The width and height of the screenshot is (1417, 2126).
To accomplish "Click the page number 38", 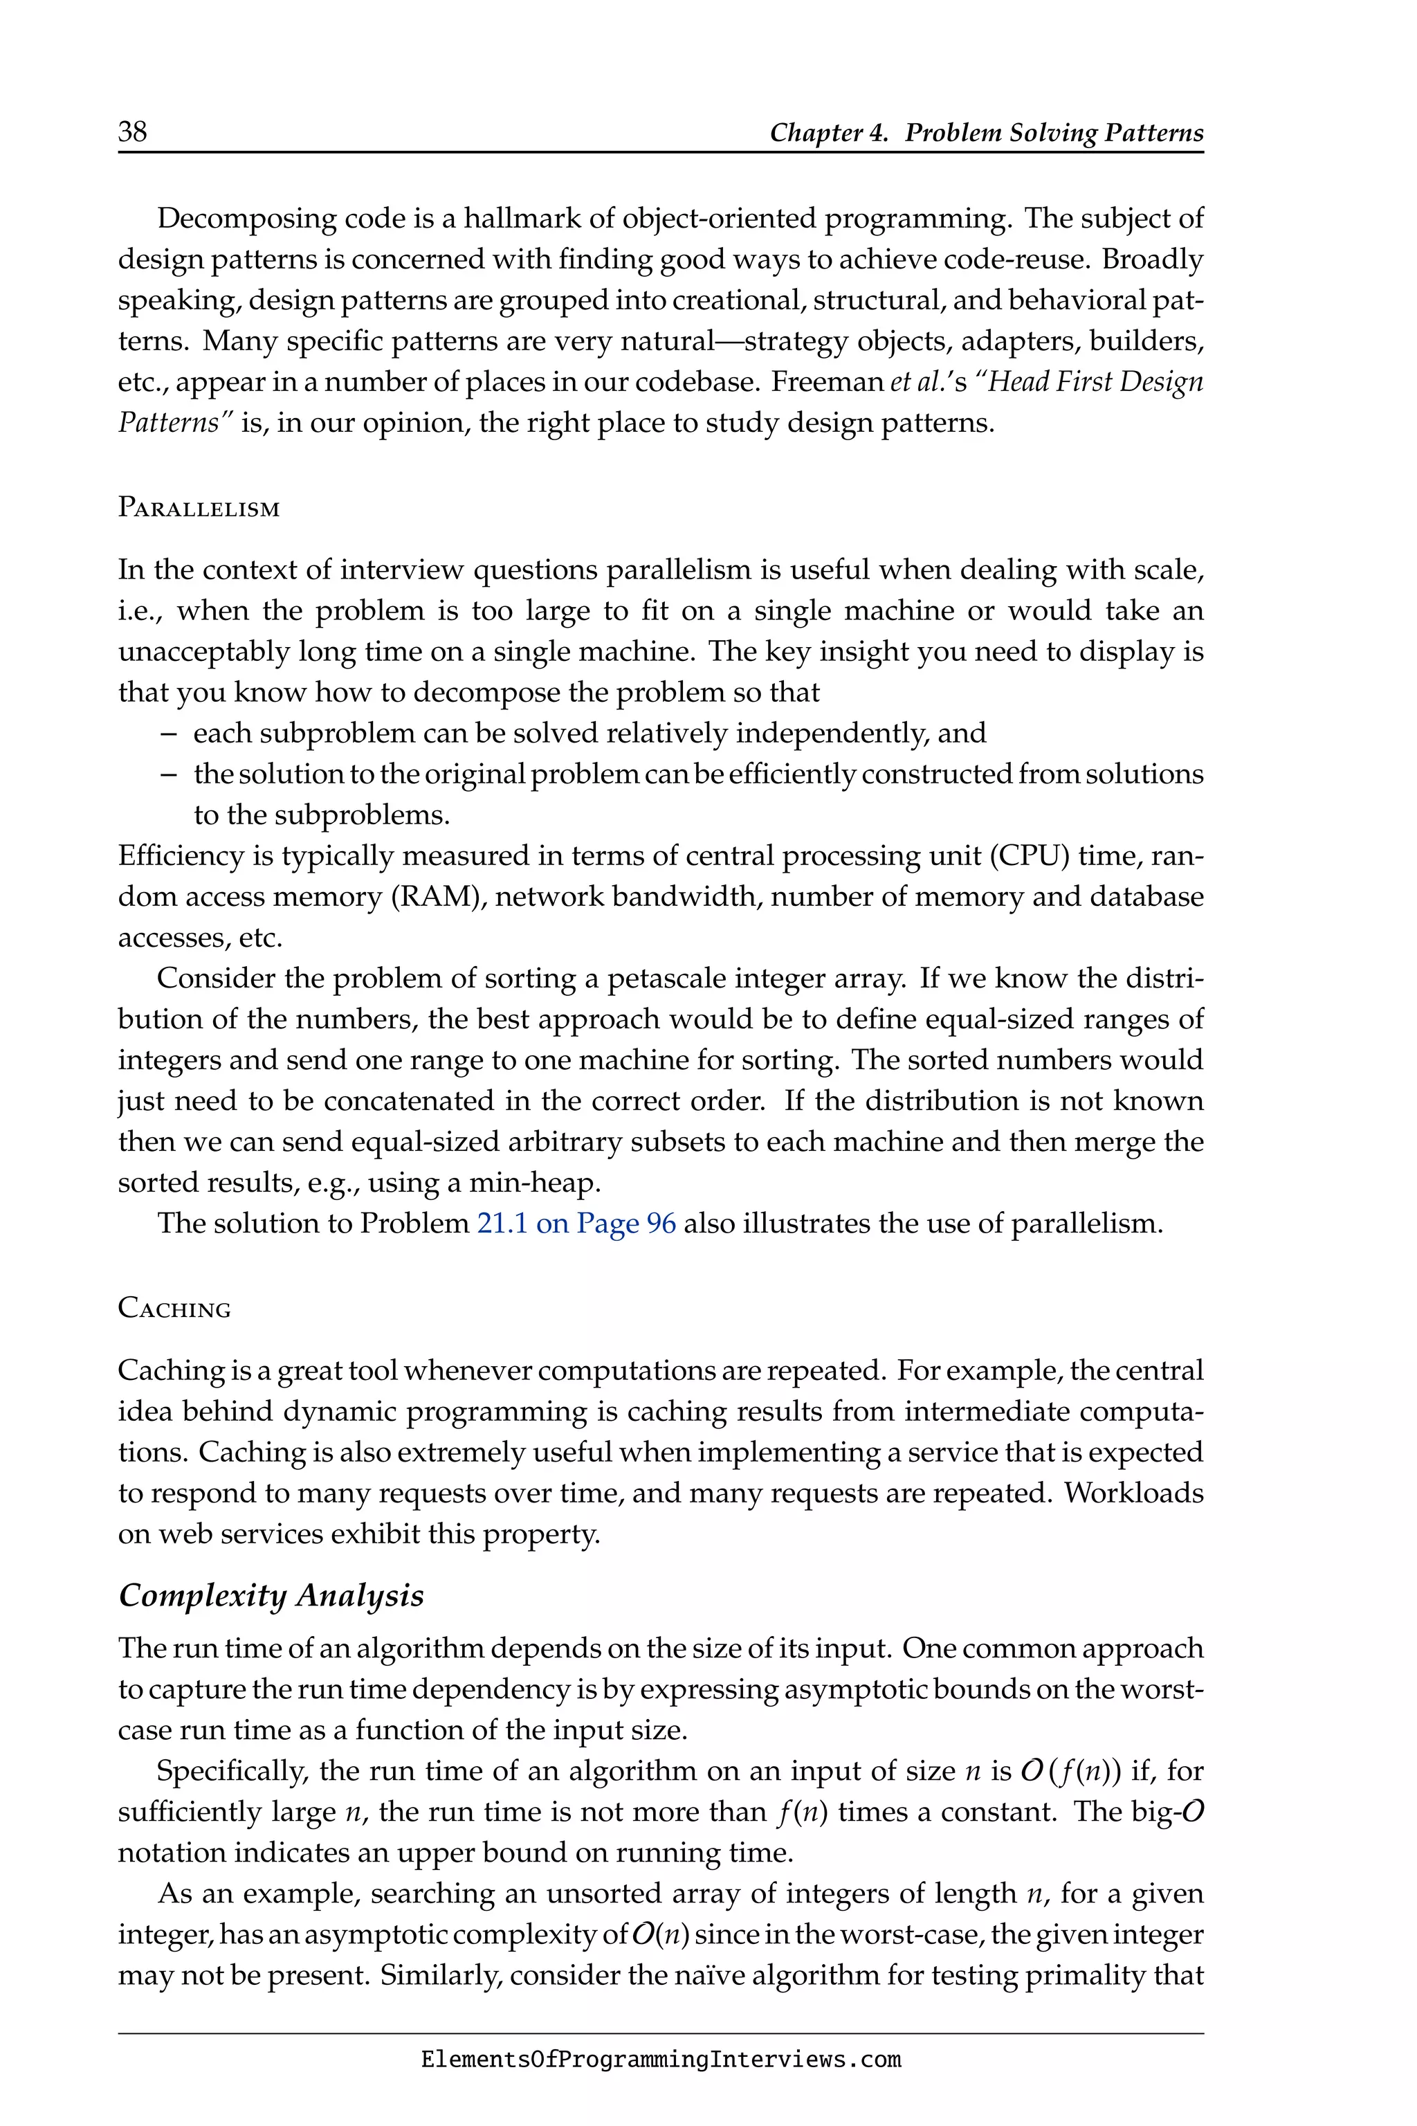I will click(x=132, y=132).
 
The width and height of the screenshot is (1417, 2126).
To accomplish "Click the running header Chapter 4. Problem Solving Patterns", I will click(x=986, y=133).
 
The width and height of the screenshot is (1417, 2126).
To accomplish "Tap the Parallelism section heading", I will click(x=199, y=508).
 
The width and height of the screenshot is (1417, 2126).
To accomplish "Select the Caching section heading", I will click(x=174, y=1309).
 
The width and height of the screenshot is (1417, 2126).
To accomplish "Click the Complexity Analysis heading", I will click(x=271, y=1595).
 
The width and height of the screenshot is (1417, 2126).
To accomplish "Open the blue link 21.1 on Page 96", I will click(x=576, y=1223).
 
